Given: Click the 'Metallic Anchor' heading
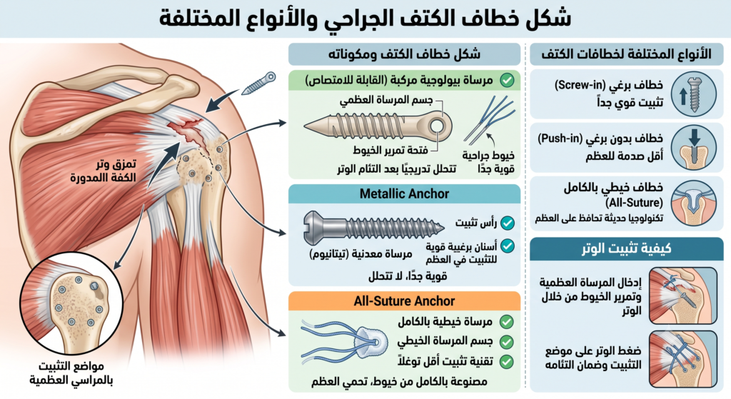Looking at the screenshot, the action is (x=404, y=193).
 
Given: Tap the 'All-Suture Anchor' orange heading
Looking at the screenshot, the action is (x=404, y=301).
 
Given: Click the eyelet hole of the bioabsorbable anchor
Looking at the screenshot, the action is (x=437, y=126).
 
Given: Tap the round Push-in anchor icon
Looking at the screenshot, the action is (x=694, y=147).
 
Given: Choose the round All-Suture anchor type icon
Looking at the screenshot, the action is (x=694, y=203).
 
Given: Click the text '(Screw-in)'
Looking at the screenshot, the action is (x=580, y=86).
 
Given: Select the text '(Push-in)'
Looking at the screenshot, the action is (x=560, y=138).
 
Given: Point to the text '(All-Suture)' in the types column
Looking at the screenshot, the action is (x=634, y=203).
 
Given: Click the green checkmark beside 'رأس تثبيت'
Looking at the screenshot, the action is (x=508, y=223).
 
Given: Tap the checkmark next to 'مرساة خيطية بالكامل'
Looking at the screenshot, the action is (x=506, y=322).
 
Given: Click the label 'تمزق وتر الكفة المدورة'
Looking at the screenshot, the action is (x=104, y=170).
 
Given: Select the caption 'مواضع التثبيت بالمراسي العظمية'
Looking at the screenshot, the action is (x=71, y=373).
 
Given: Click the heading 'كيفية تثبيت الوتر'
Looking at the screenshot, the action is (x=627, y=248).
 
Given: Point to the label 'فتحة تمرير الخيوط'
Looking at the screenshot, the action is (x=390, y=150).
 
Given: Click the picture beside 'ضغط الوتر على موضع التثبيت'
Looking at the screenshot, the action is (x=683, y=359).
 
